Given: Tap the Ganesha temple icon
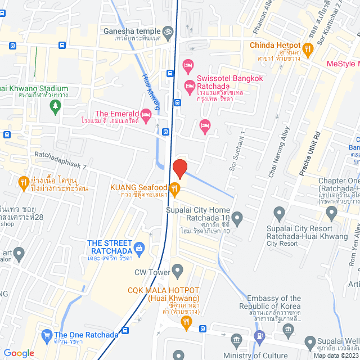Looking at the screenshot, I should (166, 31).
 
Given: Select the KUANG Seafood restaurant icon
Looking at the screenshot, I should (175, 188).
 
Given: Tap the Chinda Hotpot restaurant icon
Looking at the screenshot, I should (307, 49).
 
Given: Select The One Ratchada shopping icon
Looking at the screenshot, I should (47, 336).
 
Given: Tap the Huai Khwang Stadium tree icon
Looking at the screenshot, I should (55, 107).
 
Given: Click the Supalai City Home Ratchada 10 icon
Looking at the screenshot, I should (237, 217).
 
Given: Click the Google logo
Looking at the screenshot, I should (19, 353).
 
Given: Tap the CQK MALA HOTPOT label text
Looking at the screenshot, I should (163, 293).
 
